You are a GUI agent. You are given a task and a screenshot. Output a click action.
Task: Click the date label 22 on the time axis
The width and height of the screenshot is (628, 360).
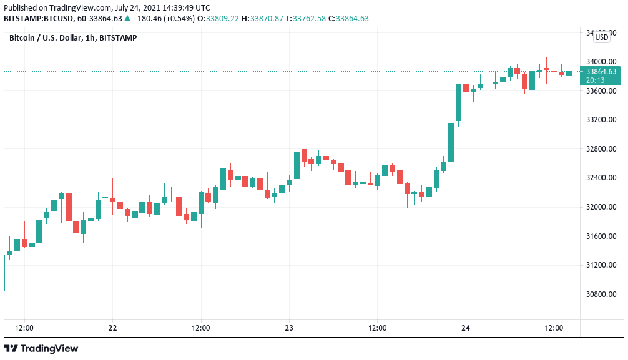pyautogui.click(x=112, y=328)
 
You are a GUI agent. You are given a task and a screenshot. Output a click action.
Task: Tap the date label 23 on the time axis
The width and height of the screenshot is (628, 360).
pyautogui.click(x=289, y=328)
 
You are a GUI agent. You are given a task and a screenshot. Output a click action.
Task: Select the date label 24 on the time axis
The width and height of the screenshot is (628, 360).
pyautogui.click(x=466, y=328)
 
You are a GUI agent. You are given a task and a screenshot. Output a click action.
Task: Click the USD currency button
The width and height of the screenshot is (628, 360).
pyautogui.click(x=602, y=37)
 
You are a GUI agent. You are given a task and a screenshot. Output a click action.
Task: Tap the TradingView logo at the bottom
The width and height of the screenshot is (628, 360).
pyautogui.click(x=41, y=348)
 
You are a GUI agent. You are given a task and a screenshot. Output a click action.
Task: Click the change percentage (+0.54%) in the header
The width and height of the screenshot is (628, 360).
pyautogui.click(x=176, y=18)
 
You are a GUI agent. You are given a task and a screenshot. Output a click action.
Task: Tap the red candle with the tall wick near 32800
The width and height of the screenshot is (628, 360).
pyautogui.click(x=69, y=207)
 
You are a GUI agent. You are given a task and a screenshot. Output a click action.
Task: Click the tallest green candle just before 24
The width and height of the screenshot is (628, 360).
pyautogui.click(x=458, y=102)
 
